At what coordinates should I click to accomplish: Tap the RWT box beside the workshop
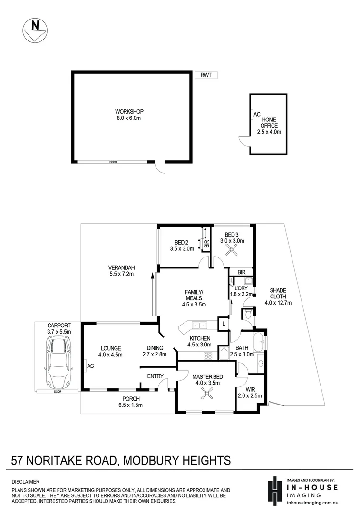(x=205, y=75)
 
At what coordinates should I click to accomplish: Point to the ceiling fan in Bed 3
(x=232, y=251)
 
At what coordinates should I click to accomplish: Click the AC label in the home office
(x=257, y=115)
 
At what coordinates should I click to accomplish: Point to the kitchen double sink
(x=199, y=326)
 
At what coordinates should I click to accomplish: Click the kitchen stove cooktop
(x=208, y=355)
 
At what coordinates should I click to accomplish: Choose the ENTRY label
(x=155, y=376)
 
